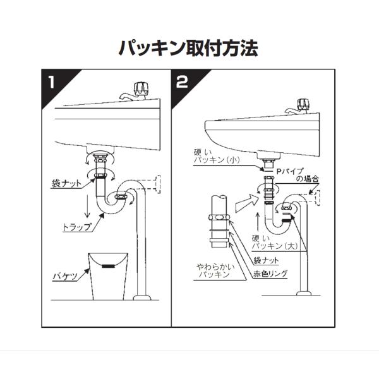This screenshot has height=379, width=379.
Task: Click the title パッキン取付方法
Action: point(188,48)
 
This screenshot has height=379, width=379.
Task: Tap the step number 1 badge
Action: point(52,82)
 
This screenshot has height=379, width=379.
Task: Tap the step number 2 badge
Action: point(182,82)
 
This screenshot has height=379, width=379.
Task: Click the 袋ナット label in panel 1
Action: point(66,184)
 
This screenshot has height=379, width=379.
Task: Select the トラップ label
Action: point(76,227)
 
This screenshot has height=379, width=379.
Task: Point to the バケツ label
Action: point(65,276)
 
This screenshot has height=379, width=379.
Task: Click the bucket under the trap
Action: point(108,276)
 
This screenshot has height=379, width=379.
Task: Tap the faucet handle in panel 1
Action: point(141,88)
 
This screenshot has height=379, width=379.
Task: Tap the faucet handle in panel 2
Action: point(304,104)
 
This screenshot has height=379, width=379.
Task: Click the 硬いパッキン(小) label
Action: point(217,156)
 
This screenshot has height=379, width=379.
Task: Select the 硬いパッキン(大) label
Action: point(275,242)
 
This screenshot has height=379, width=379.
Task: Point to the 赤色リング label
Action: point(270,274)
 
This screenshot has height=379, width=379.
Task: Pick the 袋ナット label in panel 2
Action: point(266,260)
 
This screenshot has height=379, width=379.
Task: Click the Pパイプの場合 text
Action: point(298,175)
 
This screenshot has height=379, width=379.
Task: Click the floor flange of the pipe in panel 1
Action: point(142,297)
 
